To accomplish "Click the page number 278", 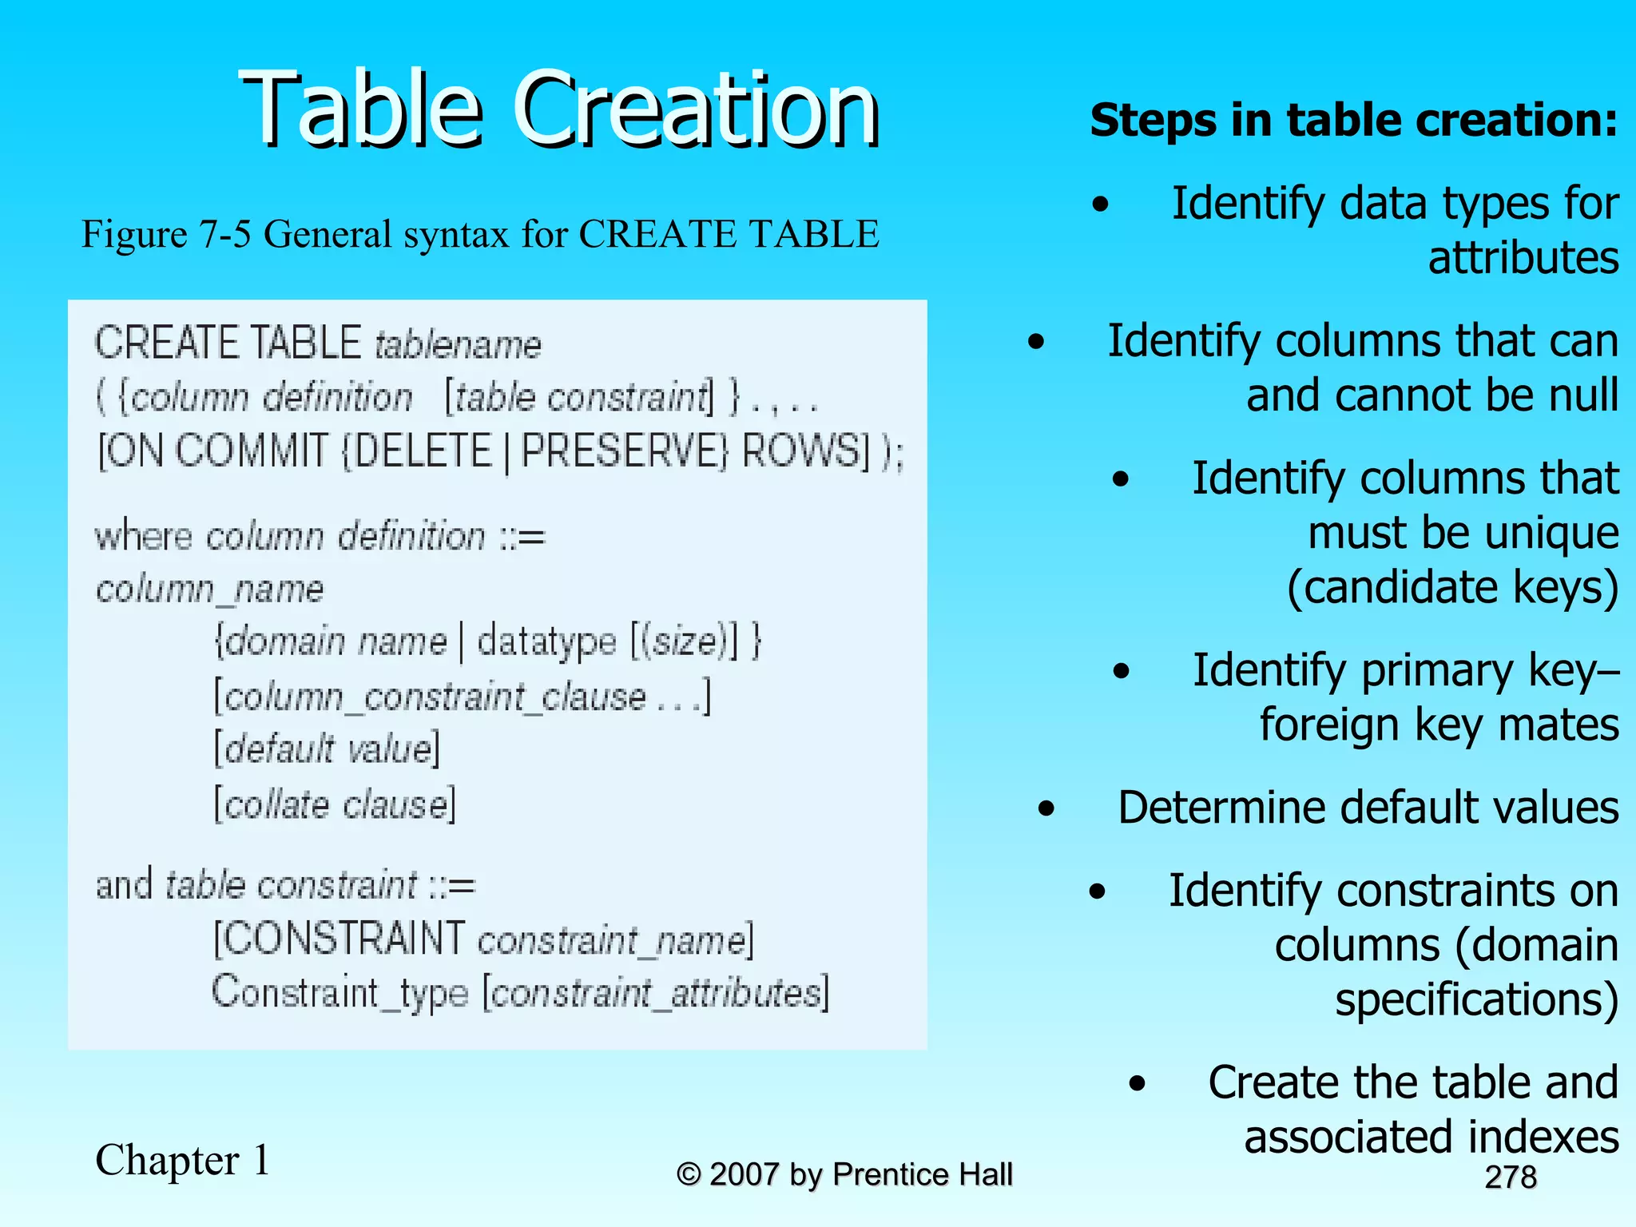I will tap(1511, 1177).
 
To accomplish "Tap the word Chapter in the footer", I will tap(167, 1160).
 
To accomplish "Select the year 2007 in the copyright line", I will tap(744, 1174).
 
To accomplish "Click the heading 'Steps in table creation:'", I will tap(1353, 121).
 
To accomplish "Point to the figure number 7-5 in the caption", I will tap(225, 235).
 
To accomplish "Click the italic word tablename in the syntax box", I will tap(458, 345).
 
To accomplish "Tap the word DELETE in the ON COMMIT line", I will tap(423, 451).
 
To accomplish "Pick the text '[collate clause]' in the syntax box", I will tap(335, 804).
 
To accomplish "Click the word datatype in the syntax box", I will tap(546, 641).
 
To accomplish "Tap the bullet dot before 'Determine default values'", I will tap(1046, 809).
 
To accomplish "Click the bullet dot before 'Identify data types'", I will tap(1101, 205).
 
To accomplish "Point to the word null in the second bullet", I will tap(1582, 395).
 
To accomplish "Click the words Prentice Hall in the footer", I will tap(923, 1174).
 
